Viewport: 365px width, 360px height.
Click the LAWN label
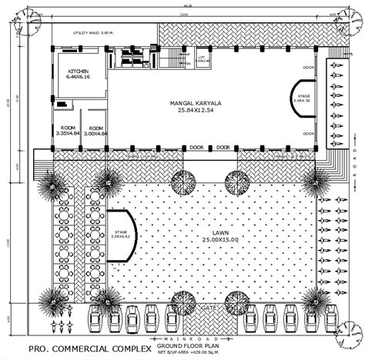pyautogui.click(x=211, y=232)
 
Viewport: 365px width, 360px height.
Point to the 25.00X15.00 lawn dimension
pyautogui.click(x=211, y=240)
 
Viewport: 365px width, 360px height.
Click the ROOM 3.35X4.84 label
pyautogui.click(x=68, y=130)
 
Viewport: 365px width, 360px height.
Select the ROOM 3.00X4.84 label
pyautogui.click(x=95, y=130)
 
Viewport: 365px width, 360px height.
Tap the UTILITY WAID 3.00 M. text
pyautogui.click(x=93, y=33)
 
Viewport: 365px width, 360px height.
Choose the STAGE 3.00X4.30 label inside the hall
pyautogui.click(x=303, y=98)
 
